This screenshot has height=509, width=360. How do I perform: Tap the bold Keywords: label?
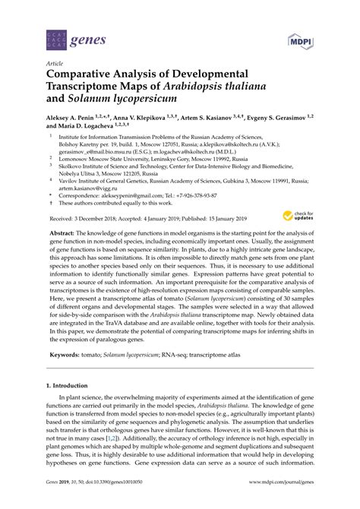tap(65, 354)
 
